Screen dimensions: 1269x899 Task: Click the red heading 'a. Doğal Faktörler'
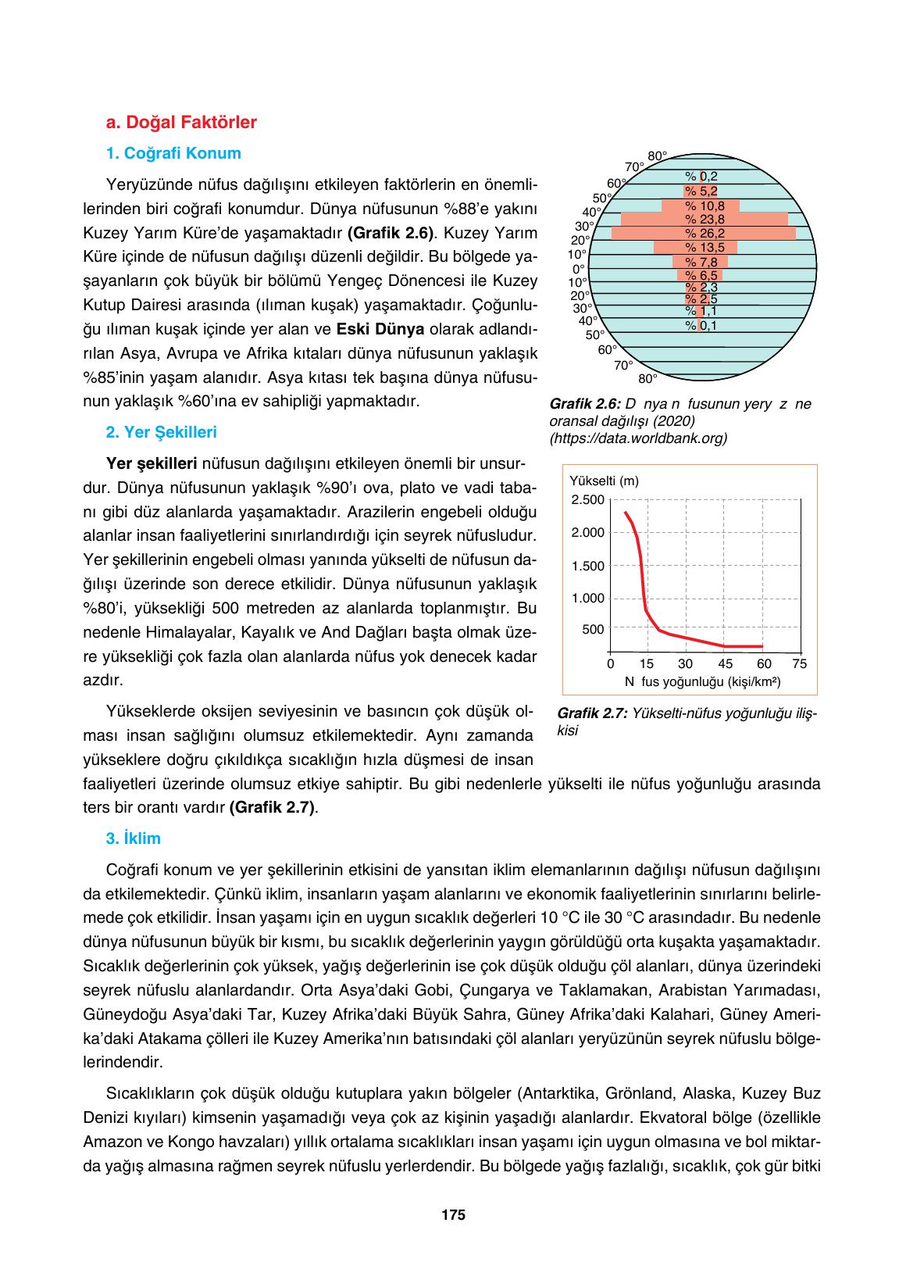click(x=181, y=123)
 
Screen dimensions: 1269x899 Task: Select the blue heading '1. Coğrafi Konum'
click(x=173, y=153)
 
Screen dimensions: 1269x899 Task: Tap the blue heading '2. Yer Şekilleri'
click(x=162, y=432)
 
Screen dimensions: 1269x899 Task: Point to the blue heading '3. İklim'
click(x=134, y=838)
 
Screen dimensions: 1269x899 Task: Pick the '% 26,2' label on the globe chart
click(x=705, y=233)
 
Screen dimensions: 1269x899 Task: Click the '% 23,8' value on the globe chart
click(x=705, y=219)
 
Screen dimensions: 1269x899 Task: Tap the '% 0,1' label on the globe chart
click(x=701, y=325)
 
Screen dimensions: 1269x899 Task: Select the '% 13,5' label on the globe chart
click(x=705, y=247)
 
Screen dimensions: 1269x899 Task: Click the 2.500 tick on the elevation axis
click(x=588, y=499)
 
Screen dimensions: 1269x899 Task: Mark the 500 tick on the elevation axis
click(x=593, y=629)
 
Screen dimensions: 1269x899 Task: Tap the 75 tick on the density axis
click(x=799, y=664)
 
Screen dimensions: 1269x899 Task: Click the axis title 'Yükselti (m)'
click(x=605, y=481)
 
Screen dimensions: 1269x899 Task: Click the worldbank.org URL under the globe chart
click(x=638, y=438)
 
